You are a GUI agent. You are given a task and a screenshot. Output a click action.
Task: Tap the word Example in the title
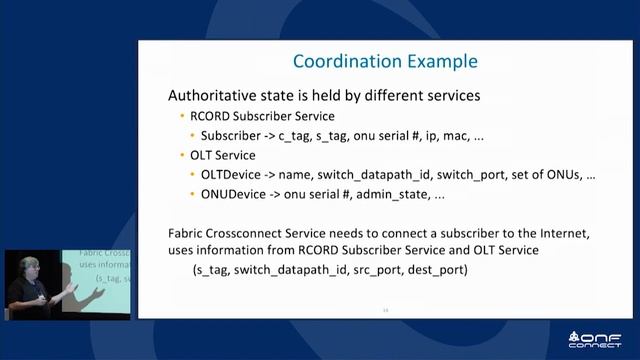click(442, 62)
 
